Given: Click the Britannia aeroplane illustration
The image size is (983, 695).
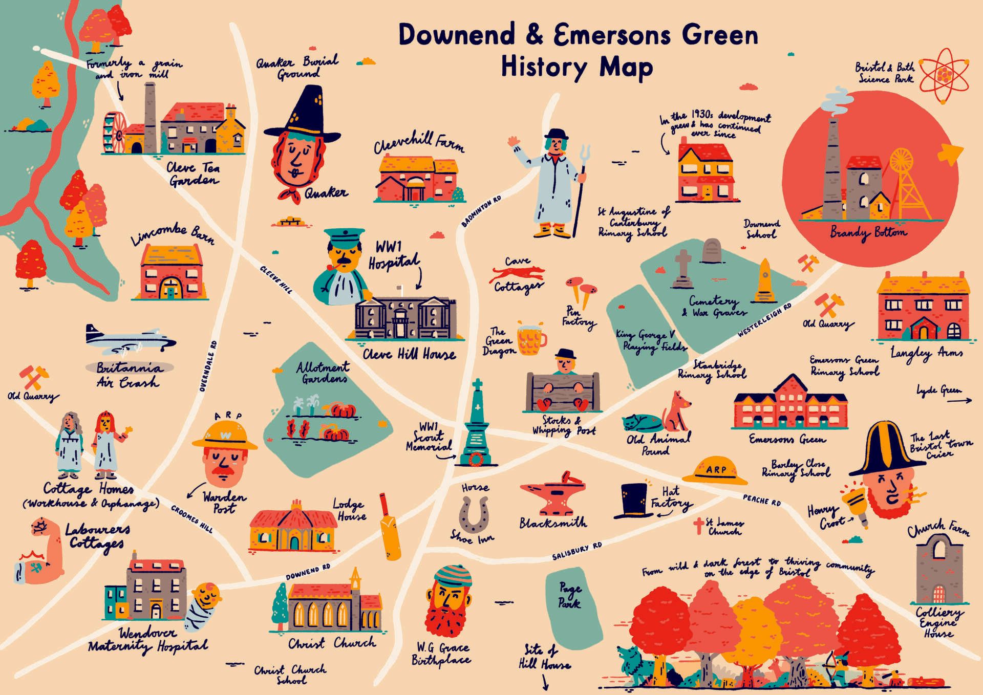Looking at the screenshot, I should click(x=131, y=339).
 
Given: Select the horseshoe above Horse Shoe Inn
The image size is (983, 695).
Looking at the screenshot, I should click(x=473, y=514).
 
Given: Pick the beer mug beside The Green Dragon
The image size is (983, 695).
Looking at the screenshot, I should click(x=531, y=338).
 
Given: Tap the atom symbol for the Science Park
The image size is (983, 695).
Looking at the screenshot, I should click(x=944, y=76).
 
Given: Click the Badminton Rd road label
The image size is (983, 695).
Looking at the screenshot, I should click(x=481, y=211).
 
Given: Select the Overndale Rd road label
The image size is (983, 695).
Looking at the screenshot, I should click(x=208, y=366).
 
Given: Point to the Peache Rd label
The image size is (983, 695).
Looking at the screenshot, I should click(x=762, y=500).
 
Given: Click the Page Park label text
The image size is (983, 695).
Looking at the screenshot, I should click(x=569, y=596).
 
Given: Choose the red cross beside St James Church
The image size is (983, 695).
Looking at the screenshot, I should click(x=698, y=526).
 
